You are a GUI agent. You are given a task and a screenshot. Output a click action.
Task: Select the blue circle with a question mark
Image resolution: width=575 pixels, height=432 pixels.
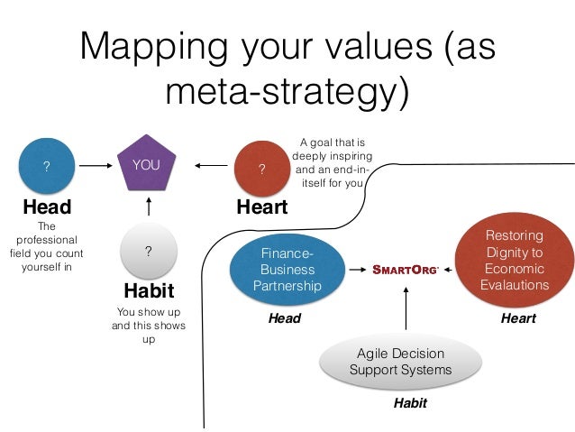[x=47, y=166]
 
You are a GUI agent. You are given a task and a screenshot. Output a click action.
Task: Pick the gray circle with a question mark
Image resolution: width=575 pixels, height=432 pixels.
[x=147, y=253]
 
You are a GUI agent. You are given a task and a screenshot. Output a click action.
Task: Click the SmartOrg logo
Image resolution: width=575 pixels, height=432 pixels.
[x=406, y=269]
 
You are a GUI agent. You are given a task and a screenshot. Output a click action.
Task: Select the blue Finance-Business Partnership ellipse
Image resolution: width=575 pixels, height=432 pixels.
[x=287, y=269]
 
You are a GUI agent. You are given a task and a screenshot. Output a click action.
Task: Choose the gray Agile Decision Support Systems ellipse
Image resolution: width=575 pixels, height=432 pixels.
[x=399, y=362]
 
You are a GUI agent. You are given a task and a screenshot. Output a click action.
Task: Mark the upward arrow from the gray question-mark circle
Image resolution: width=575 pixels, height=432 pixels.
[x=147, y=207]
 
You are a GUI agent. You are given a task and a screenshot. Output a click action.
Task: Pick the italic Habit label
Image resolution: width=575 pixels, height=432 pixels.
[x=410, y=403]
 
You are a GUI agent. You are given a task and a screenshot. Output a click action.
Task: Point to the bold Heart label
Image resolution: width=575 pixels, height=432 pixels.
[x=261, y=207]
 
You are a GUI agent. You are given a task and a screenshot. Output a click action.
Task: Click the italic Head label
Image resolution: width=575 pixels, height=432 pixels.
[x=285, y=318]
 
